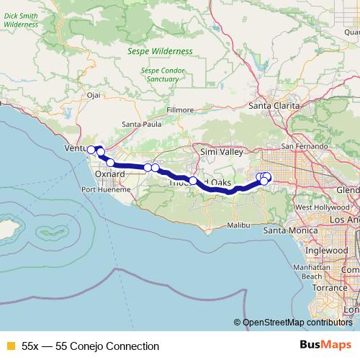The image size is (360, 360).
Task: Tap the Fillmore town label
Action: point(181,109)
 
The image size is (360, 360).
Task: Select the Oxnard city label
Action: point(110,174)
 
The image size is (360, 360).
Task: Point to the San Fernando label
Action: point(297,146)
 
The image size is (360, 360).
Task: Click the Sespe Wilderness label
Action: point(160,52)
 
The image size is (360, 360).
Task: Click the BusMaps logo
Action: point(330,346)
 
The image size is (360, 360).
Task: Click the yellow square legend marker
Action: point(10,346)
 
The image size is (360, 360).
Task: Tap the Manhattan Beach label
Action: point(312,271)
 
